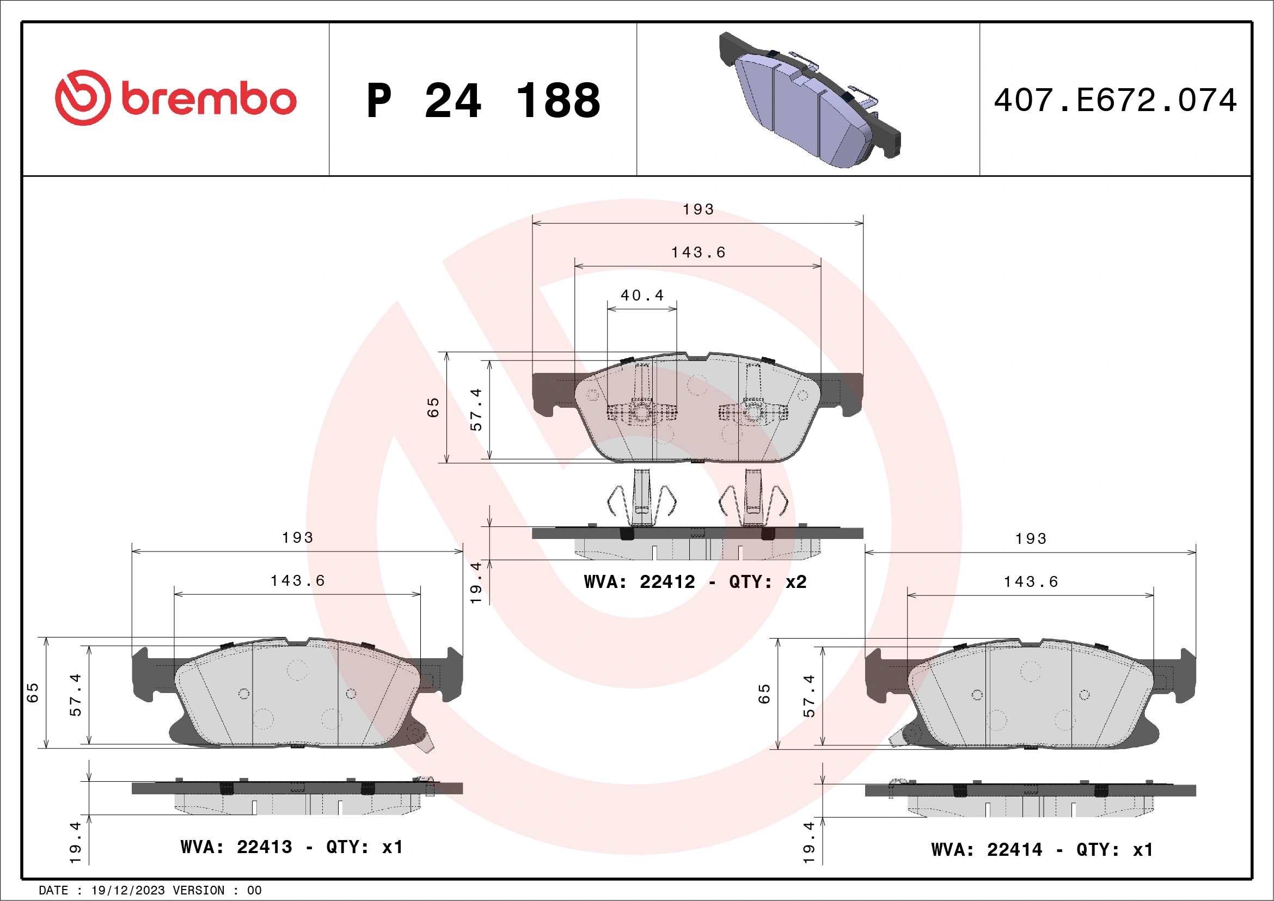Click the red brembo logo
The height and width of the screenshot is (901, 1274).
(175, 98)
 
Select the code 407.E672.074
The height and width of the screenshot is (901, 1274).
(1116, 100)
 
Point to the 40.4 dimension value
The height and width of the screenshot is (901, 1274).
(642, 296)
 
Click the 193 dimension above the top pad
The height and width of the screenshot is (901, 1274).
(698, 210)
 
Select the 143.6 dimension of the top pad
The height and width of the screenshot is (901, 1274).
(698, 253)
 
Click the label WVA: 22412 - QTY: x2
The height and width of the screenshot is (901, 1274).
(695, 582)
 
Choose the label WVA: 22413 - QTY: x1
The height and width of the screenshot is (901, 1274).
(291, 847)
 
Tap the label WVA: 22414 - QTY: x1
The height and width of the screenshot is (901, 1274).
(1042, 850)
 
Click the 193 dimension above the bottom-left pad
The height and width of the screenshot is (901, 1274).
(297, 537)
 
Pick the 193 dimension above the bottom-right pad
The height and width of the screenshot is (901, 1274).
(1031, 539)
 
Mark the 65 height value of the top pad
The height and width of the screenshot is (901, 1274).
(433, 407)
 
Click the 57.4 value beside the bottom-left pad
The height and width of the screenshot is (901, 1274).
(76, 695)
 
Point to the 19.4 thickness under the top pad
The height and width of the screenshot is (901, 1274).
(476, 583)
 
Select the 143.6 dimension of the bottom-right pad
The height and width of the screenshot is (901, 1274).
(1031, 582)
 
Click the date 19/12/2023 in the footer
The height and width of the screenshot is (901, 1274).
(128, 891)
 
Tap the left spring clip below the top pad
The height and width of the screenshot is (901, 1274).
(642, 498)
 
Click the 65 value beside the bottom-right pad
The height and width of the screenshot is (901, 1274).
(764, 694)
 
